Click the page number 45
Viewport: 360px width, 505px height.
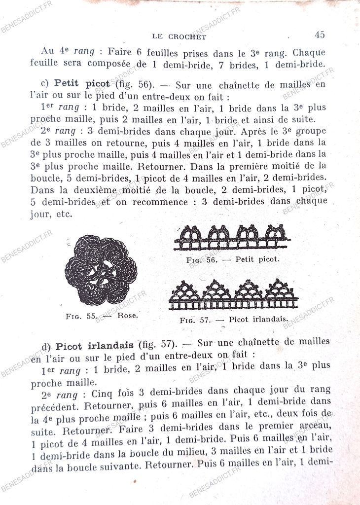click(x=319, y=35)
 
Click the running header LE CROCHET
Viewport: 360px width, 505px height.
click(x=179, y=36)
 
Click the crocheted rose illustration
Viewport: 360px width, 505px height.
click(x=101, y=270)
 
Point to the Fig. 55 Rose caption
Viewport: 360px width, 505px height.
click(x=102, y=316)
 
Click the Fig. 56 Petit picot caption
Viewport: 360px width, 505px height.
click(x=233, y=259)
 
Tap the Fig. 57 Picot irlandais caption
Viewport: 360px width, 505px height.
click(x=234, y=320)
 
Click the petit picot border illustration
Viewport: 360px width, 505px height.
click(x=232, y=237)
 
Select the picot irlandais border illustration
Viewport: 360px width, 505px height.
click(x=233, y=294)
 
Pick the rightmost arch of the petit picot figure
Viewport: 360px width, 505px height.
click(x=275, y=233)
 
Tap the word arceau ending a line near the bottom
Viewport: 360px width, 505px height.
click(x=316, y=427)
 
